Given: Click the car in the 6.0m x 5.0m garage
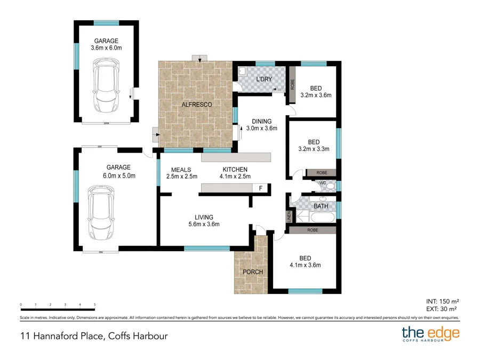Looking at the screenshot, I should click(x=101, y=213).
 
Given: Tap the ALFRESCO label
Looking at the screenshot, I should click(x=197, y=105).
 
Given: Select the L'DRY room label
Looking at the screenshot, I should click(x=265, y=79).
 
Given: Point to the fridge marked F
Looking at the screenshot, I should click(x=260, y=188).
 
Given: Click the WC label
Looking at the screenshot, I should click(x=322, y=183).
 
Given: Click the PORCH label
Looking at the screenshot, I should click(x=253, y=272).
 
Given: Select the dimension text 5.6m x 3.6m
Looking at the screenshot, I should click(x=204, y=225).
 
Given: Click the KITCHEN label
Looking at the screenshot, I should click(x=235, y=170).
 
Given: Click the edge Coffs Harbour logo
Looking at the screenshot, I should click(x=430, y=335).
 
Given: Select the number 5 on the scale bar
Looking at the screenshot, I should click(x=94, y=305).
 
